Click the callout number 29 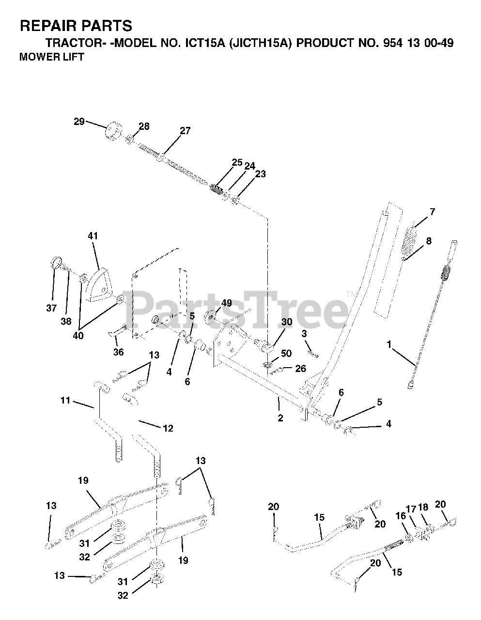click(78, 121)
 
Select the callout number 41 click(93, 236)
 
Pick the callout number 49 click(226, 303)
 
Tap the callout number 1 click(388, 344)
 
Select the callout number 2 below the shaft click(280, 418)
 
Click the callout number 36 click(118, 352)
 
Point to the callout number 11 click(65, 401)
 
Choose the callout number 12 click(168, 428)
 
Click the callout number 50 click(286, 354)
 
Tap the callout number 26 click(300, 369)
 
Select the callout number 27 click(185, 130)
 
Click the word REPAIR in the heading click(45, 26)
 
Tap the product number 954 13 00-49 click(411, 43)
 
